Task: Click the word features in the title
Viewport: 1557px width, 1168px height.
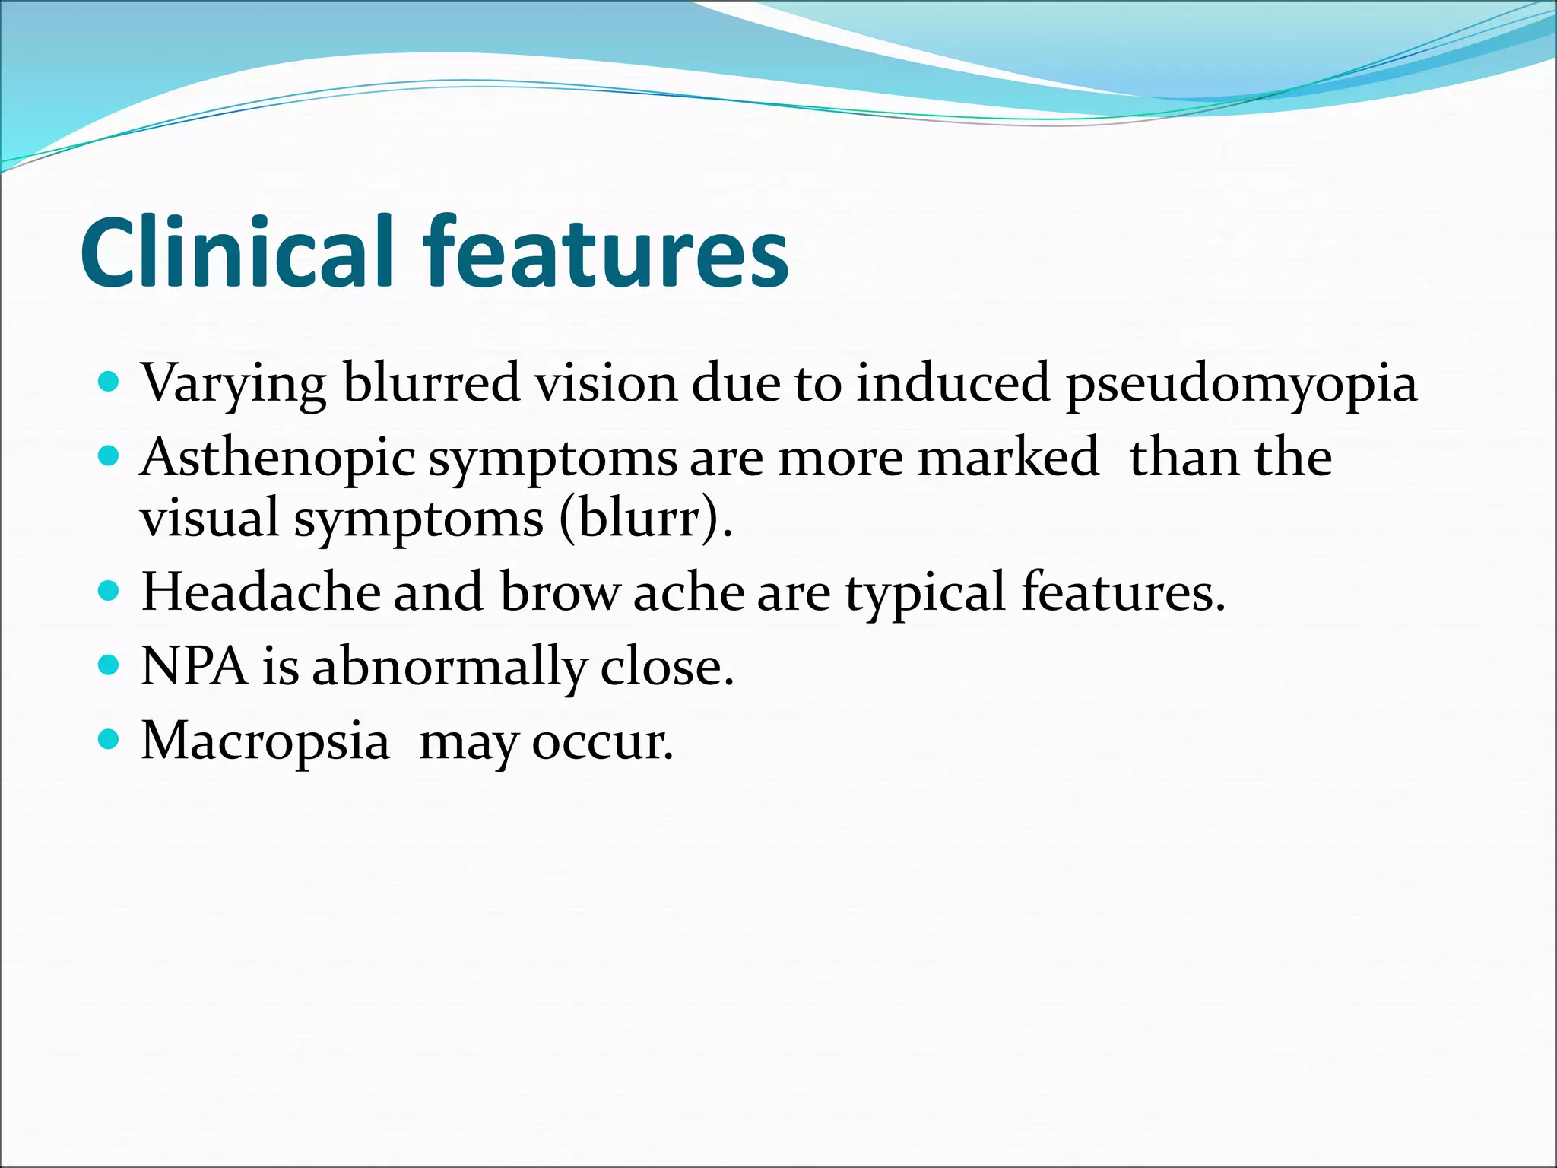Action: click(607, 252)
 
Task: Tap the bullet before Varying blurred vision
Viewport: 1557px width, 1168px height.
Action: click(109, 381)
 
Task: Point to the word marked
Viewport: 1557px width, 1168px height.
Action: click(1008, 458)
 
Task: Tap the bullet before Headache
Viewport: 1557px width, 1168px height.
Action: click(109, 591)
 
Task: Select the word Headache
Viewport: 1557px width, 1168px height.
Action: click(261, 592)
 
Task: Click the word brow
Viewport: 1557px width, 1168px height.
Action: click(559, 592)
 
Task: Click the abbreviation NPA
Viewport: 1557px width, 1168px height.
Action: click(195, 667)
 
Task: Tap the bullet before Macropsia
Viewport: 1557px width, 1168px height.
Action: click(109, 738)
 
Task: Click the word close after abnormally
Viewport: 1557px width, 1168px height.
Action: click(666, 667)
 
